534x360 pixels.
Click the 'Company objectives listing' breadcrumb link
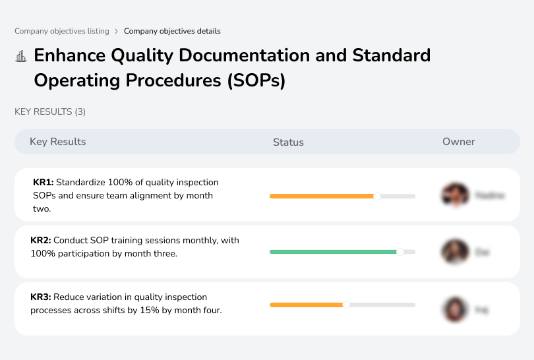tap(62, 31)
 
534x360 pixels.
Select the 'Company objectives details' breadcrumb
tap(172, 31)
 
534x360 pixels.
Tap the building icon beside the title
tap(21, 56)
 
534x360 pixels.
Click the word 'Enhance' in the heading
tap(69, 55)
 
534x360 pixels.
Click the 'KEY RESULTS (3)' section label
tap(50, 112)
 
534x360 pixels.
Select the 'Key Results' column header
tap(57, 142)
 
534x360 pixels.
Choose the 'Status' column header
tap(288, 142)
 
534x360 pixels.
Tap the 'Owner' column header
tap(458, 142)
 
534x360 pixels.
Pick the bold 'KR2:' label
tap(41, 241)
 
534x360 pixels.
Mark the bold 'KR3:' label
tap(41, 297)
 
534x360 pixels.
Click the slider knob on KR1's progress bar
tap(377, 196)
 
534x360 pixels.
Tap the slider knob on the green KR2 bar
tap(400, 252)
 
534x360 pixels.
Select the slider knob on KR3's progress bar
tap(346, 305)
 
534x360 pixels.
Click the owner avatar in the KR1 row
tap(454, 195)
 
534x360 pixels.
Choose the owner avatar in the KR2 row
tap(454, 252)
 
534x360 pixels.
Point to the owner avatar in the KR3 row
tap(454, 309)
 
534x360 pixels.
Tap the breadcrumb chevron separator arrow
tap(117, 31)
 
